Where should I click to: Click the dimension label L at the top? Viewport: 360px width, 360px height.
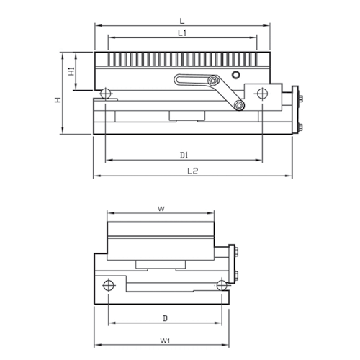point(182,21)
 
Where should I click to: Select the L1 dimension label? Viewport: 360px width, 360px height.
point(182,33)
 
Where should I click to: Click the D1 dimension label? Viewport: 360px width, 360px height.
point(184,155)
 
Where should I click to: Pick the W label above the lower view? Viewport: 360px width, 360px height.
point(161,209)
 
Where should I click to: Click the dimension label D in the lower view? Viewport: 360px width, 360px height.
point(165,317)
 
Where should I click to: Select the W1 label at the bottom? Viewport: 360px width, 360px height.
point(165,339)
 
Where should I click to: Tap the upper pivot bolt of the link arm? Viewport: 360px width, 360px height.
point(214,82)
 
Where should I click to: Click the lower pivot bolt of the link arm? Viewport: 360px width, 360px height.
point(238,107)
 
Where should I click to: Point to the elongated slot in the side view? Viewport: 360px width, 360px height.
point(193,81)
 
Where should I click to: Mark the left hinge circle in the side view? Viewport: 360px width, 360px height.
point(106,93)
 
